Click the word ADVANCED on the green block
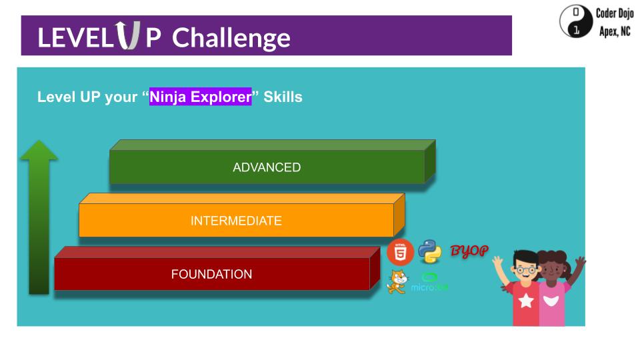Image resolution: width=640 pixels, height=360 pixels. tap(267, 167)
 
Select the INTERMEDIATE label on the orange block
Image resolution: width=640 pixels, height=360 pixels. tap(236, 221)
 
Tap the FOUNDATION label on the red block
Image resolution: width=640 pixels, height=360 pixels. tap(211, 274)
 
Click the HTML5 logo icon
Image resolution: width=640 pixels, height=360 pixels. tap(400, 253)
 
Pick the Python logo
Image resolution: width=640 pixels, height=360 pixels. tap(430, 251)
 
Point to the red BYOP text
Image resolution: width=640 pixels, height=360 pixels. tap(469, 251)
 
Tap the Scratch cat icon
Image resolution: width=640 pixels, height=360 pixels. tap(396, 281)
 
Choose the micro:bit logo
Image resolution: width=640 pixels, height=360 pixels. tap(429, 282)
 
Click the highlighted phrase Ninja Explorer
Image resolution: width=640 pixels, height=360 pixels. tap(201, 97)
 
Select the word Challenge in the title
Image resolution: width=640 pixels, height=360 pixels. tap(231, 38)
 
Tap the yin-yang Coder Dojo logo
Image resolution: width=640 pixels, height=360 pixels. tap(575, 21)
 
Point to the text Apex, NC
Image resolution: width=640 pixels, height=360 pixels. tap(614, 31)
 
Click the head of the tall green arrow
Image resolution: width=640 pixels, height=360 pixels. tap(39, 151)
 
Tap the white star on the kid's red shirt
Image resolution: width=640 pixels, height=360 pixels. tap(526, 301)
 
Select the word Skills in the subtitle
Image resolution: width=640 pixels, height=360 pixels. tap(283, 97)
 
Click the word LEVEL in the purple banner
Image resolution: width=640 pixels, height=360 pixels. tap(75, 38)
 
